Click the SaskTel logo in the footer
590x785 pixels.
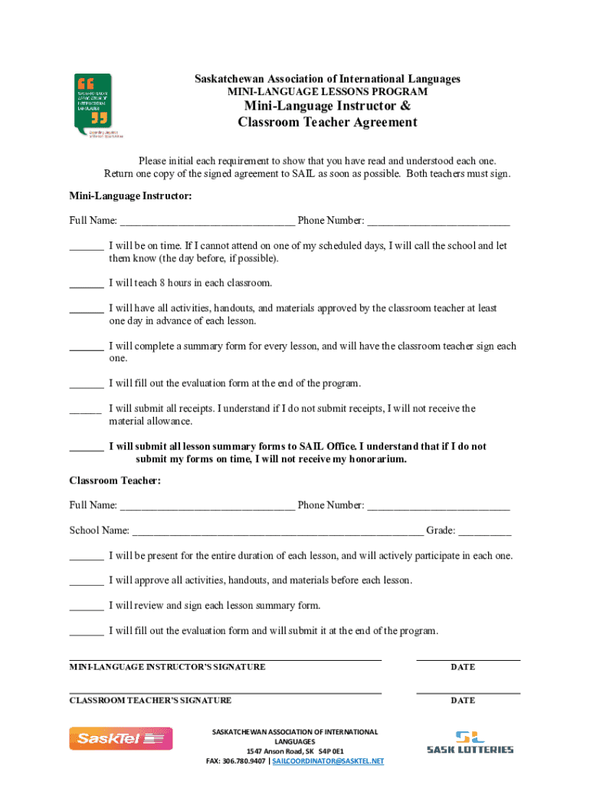pos(121,738)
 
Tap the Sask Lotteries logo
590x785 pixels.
pos(470,742)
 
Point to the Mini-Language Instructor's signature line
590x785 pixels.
pos(225,659)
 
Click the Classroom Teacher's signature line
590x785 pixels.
pos(225,692)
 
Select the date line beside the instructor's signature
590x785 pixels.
pos(467,659)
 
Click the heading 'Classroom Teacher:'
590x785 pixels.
pos(115,481)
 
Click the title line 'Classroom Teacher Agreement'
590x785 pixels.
pos(327,123)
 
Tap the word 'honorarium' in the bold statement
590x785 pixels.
pos(372,459)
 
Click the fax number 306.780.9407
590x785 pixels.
pos(246,761)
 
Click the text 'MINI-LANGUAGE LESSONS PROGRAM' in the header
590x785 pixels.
pos(327,92)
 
